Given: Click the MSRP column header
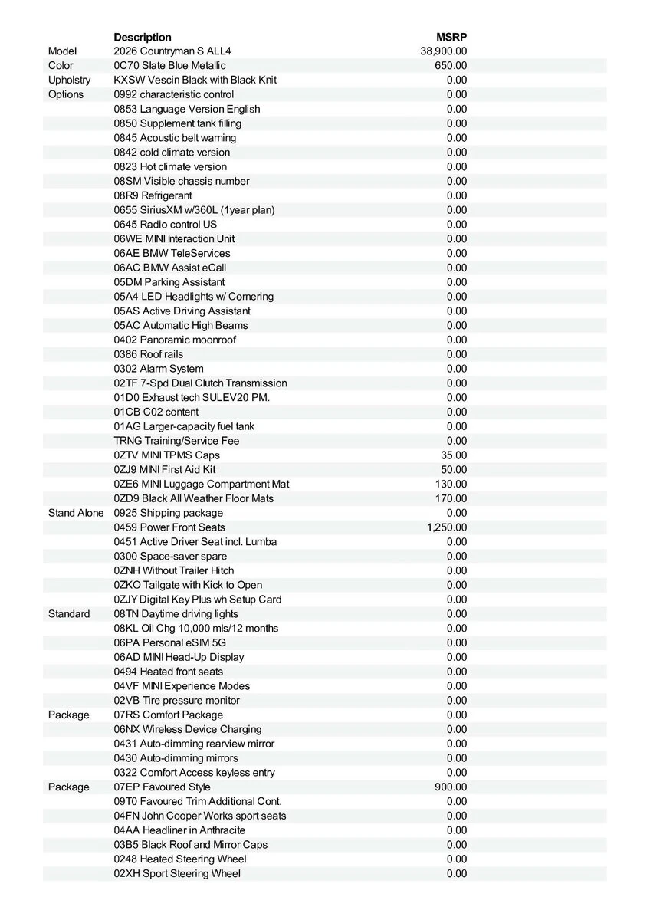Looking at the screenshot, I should coord(451,37).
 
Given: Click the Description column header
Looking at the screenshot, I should coord(143,37).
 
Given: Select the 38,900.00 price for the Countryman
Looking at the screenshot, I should coord(444,51).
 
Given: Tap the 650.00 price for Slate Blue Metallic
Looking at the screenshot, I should coord(451,66).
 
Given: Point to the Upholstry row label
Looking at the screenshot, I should coord(69,80).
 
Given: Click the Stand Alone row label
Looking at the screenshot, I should coord(76,513).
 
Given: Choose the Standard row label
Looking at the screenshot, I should coord(69,614).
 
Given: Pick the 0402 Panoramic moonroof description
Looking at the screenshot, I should coord(175,340).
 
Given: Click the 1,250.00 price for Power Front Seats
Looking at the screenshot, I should coord(447,527).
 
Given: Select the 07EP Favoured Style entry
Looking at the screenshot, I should coord(162,787).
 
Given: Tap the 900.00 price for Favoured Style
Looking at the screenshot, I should coord(451,787).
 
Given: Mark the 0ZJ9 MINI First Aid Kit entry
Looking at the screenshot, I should coord(165,469).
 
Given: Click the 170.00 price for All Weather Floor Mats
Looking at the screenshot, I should coord(451,498).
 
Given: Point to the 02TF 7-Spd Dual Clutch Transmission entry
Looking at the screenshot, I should coord(201,383).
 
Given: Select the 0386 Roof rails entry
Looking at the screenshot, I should coord(149,354).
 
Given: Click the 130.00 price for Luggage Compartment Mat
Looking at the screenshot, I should coord(451,484).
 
